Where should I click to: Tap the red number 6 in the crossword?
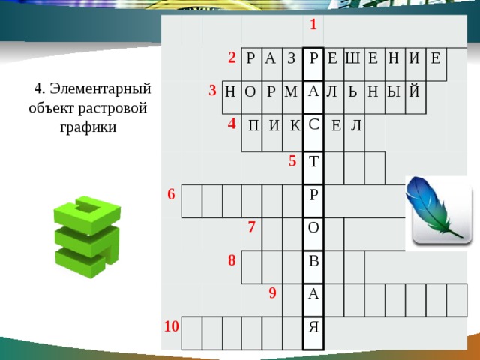(171, 194)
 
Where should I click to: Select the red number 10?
(172, 325)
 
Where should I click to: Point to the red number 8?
(232, 260)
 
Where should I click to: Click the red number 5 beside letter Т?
(293, 160)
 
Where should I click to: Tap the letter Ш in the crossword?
(352, 58)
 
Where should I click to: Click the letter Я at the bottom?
(313, 327)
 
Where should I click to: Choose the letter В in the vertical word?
(313, 261)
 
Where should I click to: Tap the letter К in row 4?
(294, 125)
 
